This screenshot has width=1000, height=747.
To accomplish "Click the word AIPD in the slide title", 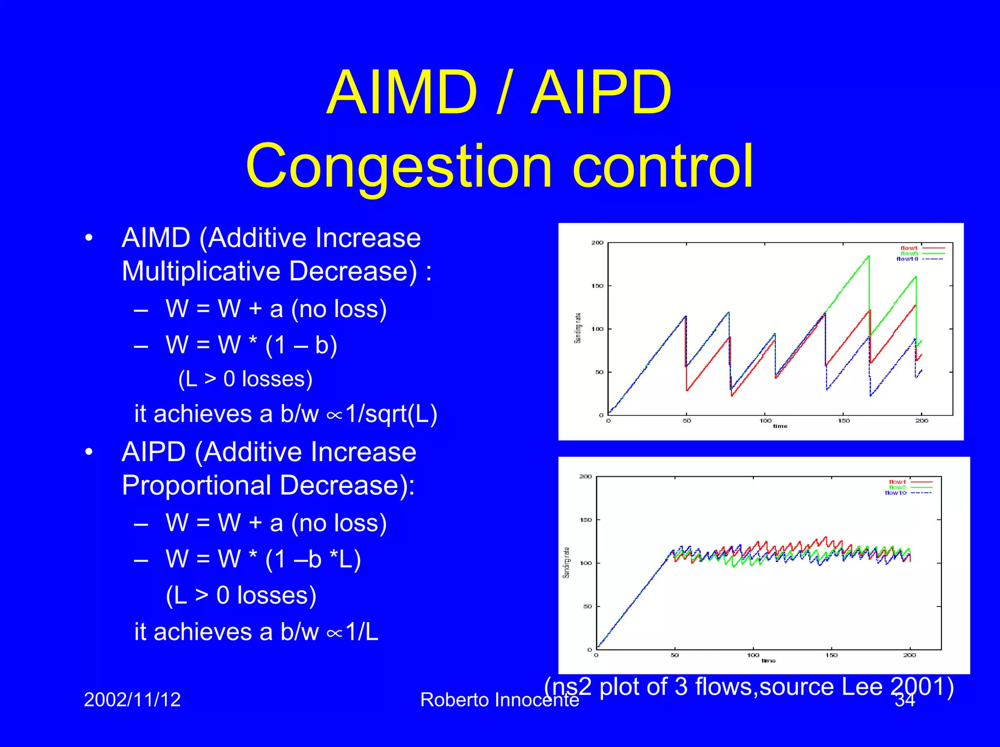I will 602,93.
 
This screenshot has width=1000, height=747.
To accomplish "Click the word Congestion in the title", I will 399,166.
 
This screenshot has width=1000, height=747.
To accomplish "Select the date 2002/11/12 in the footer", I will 132,700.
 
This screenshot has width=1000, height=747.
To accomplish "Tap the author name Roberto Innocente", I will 499,700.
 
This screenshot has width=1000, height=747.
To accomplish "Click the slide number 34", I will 904,701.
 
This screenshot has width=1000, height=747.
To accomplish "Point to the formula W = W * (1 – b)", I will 251,344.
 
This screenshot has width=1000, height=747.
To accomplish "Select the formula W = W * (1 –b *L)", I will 263,559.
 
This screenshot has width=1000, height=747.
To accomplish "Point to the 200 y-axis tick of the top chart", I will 597,242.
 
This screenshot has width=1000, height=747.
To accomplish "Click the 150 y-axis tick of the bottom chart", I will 585,520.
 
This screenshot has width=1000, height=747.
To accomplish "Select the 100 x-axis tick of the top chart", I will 765,421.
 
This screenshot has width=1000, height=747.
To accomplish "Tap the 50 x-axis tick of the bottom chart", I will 674,655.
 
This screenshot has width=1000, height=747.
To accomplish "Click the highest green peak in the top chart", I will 868,256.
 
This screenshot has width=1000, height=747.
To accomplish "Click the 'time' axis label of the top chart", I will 780,426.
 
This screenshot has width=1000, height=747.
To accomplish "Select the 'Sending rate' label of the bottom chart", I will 566,563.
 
